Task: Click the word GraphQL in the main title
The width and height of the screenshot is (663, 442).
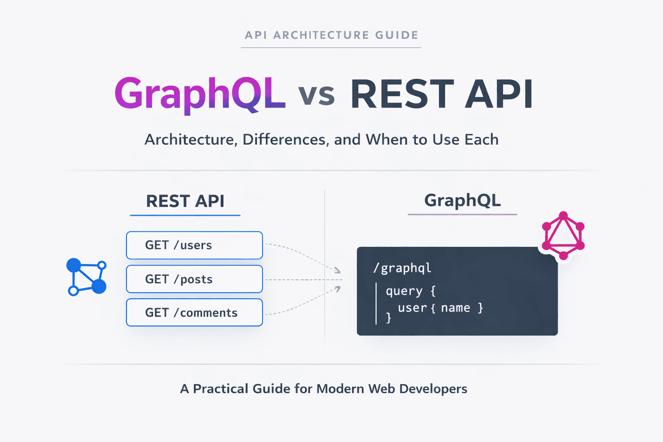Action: (199, 94)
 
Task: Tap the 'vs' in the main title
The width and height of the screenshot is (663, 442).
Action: (316, 95)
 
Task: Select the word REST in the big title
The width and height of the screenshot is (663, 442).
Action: (401, 94)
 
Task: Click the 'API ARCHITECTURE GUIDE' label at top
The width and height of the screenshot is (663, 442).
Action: (331, 35)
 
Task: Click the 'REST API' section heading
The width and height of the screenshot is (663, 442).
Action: (185, 201)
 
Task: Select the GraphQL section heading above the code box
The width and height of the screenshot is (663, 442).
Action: (462, 200)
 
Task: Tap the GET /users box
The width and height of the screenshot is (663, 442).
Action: (194, 245)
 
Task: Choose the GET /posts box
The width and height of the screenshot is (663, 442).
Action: (194, 279)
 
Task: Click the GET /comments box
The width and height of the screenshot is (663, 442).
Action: (194, 313)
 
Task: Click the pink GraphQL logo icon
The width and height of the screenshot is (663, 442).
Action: (563, 236)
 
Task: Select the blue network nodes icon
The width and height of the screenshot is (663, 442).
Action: (86, 277)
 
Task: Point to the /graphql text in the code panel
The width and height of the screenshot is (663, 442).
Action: (402, 268)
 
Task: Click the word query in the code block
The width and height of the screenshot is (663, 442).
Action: (404, 291)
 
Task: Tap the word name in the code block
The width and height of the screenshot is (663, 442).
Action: (455, 308)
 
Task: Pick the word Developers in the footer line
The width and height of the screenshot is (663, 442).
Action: (433, 388)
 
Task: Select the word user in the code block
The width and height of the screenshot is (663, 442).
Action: (412, 308)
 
